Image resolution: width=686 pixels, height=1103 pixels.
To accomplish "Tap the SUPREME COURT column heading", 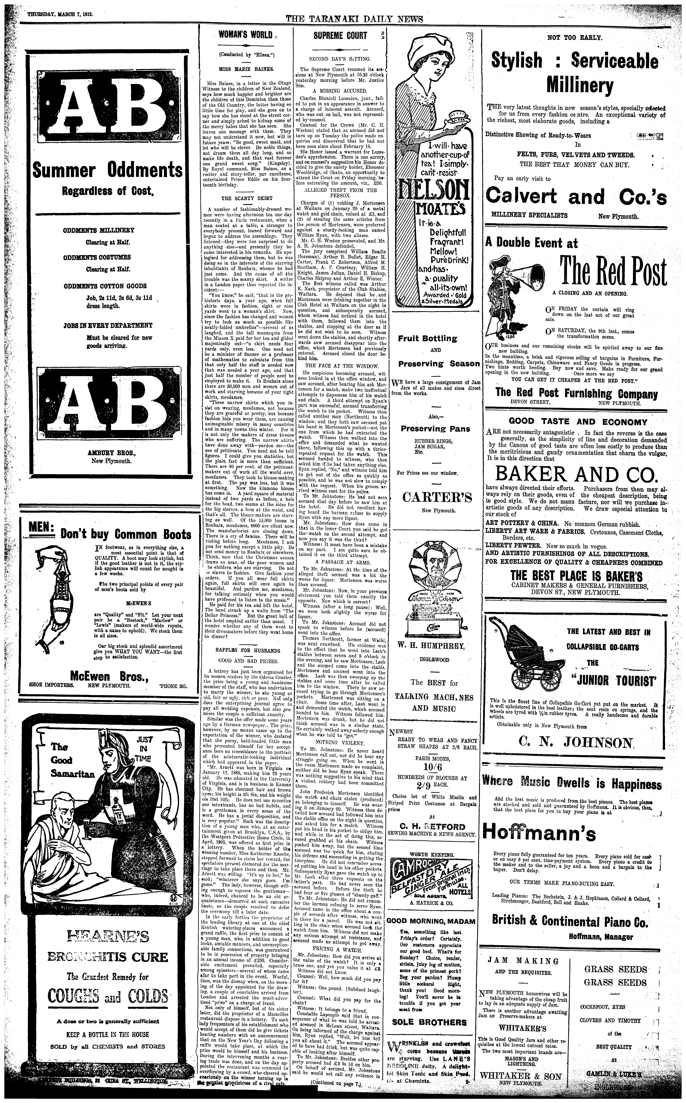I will point(340,35).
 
